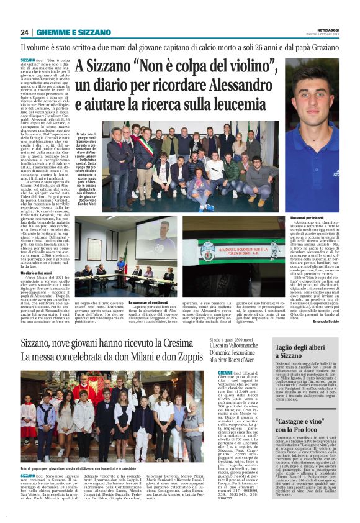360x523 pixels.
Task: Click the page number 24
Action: tap(25, 32)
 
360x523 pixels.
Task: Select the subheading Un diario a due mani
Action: tap(37, 273)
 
